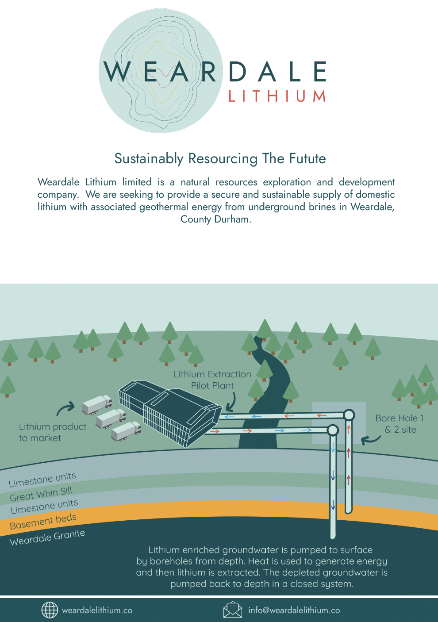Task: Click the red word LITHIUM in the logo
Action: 277,96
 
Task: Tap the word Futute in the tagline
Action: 307,158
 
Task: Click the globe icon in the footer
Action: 50,610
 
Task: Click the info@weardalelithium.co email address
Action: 294,610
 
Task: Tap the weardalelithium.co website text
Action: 97,610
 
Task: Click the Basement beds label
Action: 43,521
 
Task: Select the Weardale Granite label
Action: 47,538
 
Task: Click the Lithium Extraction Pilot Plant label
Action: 212,380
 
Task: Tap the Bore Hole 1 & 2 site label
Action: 400,424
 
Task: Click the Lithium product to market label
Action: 53,432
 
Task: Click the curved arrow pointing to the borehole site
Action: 371,440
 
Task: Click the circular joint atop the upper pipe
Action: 349,415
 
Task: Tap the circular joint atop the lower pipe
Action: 332,430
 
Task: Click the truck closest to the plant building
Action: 126,431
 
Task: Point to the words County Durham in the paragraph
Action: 216,219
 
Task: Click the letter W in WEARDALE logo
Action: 115,72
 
